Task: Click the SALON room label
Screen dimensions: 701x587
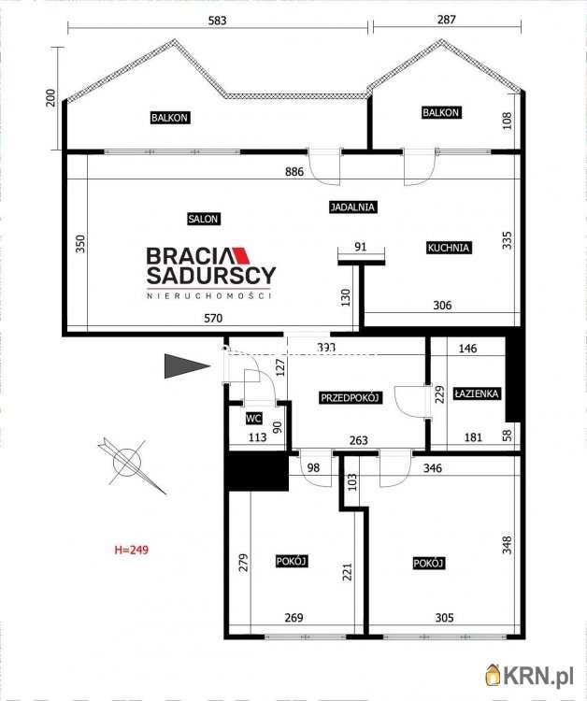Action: [203, 219]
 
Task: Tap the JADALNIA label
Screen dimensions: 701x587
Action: [352, 207]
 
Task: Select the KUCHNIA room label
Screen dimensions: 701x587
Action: [448, 248]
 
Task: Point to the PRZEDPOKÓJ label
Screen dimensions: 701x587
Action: [351, 397]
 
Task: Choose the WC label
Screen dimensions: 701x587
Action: [252, 419]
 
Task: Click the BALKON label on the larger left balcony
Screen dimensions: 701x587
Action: [170, 118]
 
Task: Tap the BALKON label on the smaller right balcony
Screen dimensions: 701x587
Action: [441, 113]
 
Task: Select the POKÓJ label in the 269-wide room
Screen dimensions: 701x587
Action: [293, 561]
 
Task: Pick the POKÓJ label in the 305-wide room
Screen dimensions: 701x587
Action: [428, 563]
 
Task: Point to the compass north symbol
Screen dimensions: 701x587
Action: [125, 460]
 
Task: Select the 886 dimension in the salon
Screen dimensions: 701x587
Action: [296, 172]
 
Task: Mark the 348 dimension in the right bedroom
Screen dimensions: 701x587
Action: [507, 544]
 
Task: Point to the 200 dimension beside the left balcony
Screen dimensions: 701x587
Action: [50, 98]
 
